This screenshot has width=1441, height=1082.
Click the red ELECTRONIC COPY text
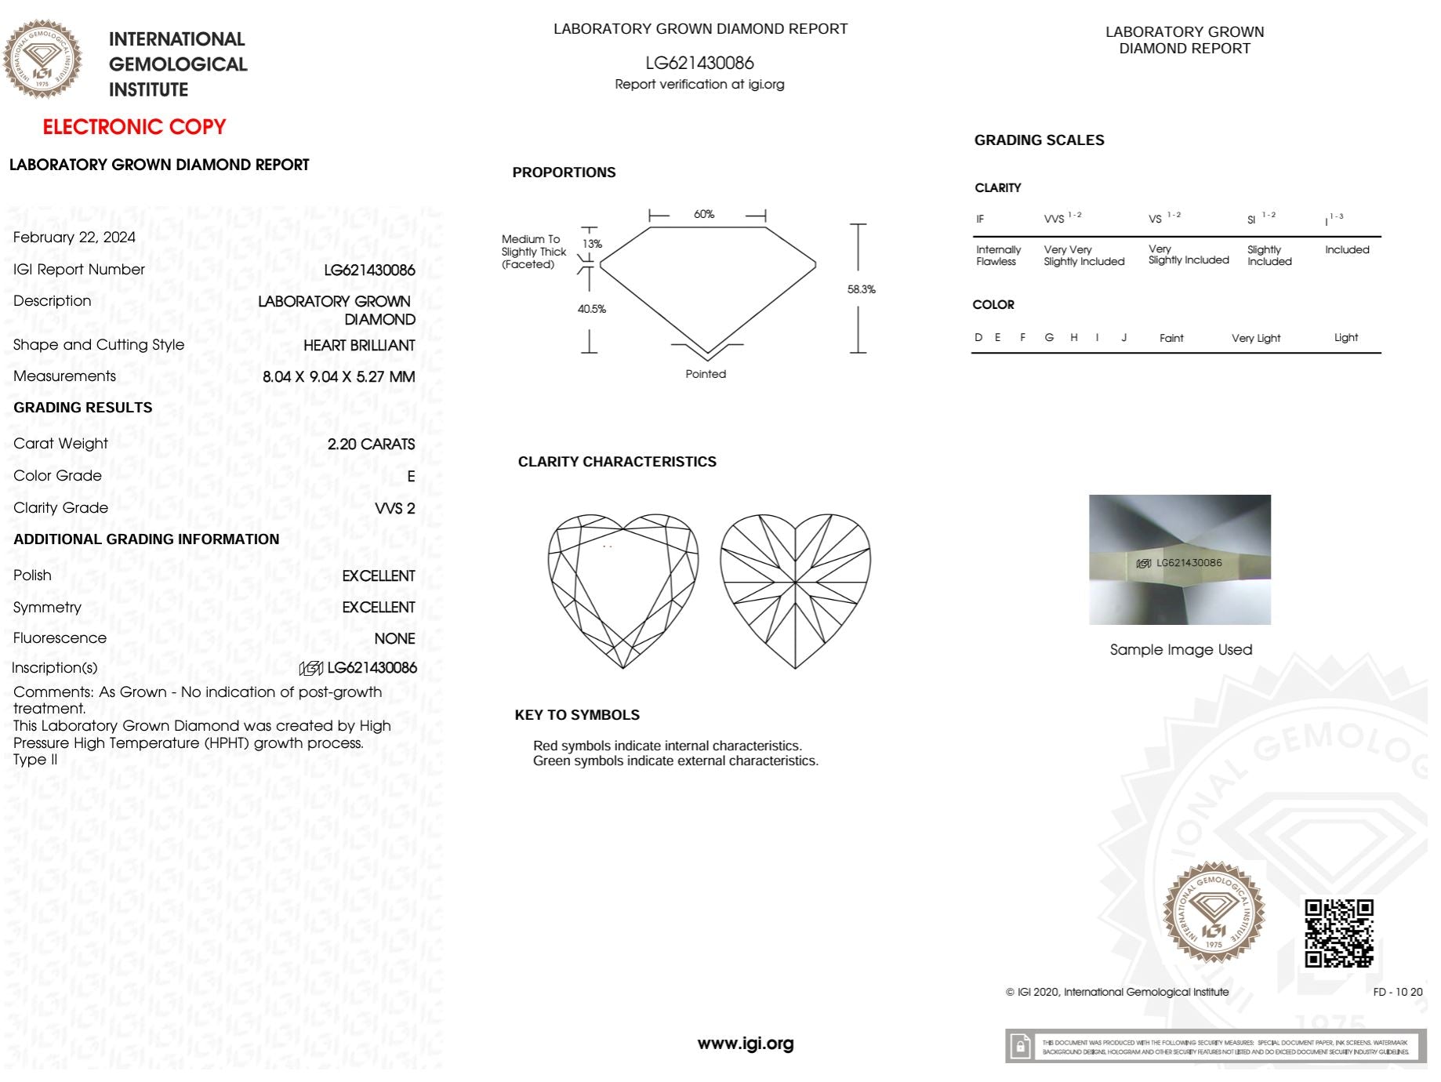coord(134,127)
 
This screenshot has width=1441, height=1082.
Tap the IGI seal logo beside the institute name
coord(42,60)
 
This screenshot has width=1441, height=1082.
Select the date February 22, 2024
coord(74,238)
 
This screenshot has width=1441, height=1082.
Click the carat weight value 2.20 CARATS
coord(371,445)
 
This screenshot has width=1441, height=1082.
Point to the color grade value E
coord(411,477)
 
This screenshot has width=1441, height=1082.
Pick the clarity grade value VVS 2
coord(394,509)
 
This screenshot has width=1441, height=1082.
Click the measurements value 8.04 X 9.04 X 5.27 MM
coord(339,377)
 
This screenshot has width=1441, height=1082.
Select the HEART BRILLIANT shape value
coord(359,346)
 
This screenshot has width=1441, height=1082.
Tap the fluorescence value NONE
coord(394,639)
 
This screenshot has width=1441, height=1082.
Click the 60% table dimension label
coord(704,214)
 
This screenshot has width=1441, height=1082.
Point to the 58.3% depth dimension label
coord(861,289)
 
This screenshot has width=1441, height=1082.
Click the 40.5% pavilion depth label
coord(592,309)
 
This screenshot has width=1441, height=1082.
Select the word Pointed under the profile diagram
coord(706,374)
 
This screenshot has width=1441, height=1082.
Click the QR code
coord(1338,933)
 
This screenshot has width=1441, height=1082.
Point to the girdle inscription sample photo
coord(1180,560)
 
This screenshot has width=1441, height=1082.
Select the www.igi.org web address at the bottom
coord(746,1044)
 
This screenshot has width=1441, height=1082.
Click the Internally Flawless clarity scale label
coord(998,256)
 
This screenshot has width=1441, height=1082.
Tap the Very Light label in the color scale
coord(1255,338)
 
